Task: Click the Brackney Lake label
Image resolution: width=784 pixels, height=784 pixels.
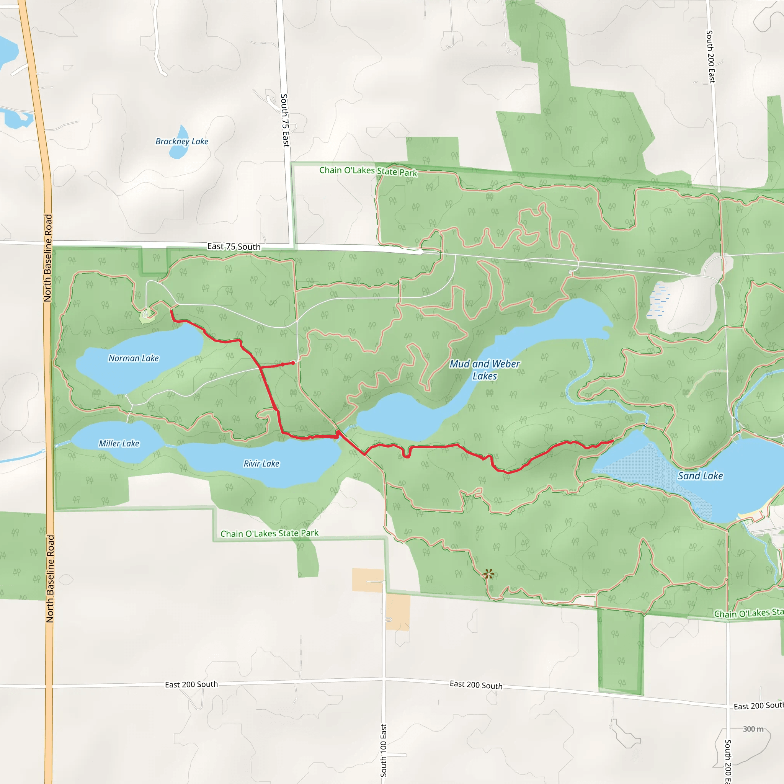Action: [x=182, y=141]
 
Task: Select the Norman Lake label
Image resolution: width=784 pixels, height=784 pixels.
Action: [x=134, y=358]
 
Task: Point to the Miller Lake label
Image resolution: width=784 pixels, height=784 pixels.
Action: [x=119, y=443]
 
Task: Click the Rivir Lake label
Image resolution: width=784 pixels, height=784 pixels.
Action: [x=261, y=464]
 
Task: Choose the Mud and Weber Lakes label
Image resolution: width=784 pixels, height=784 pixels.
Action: [x=485, y=369]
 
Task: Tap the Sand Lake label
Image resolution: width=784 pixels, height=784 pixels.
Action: [x=701, y=475]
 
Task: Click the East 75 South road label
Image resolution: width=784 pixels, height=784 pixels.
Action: [x=234, y=246]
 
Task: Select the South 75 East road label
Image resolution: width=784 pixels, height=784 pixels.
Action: [x=285, y=121]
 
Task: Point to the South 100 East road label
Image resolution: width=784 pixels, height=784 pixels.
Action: [x=384, y=750]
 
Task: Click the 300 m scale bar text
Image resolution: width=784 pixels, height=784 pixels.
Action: [x=753, y=729]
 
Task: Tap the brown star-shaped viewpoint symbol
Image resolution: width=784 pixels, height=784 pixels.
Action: [x=488, y=574]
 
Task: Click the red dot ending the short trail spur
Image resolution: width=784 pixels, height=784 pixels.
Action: [x=293, y=363]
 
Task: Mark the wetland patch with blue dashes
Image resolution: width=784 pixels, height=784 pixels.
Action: [x=657, y=301]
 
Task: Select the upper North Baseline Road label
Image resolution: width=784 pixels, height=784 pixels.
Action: [x=48, y=258]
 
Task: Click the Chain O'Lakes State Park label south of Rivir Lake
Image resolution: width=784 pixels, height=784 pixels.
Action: [x=269, y=533]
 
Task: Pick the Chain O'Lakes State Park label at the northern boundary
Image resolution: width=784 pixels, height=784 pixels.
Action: [x=368, y=171]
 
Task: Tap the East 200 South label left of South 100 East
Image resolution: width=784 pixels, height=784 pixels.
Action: [x=191, y=684]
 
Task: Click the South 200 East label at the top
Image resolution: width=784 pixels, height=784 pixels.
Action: [x=710, y=57]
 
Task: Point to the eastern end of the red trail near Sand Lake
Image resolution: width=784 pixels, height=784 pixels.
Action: [x=612, y=440]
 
